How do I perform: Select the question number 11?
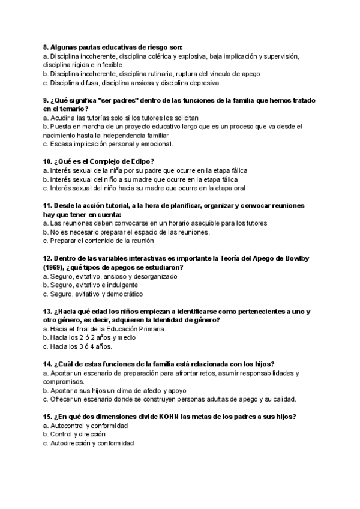[x=48, y=205]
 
